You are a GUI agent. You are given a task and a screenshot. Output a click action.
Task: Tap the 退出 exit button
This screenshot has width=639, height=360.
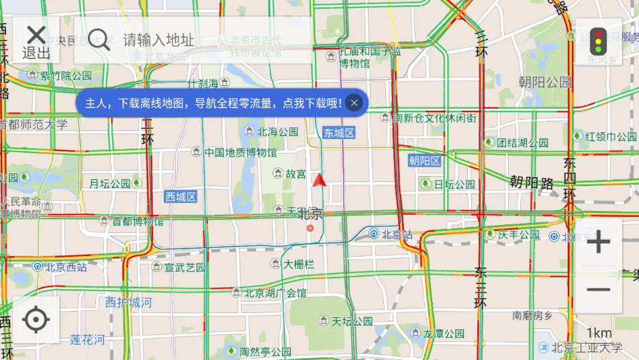(x=36, y=42)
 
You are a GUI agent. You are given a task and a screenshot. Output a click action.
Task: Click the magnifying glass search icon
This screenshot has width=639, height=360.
(x=99, y=39)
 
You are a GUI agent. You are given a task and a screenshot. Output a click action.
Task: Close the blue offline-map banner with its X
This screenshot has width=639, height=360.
(x=354, y=103)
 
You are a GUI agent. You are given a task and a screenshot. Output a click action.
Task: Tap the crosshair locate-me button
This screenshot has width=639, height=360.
(x=36, y=320)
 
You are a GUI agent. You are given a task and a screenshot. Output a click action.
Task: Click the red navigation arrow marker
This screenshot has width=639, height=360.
(x=319, y=179)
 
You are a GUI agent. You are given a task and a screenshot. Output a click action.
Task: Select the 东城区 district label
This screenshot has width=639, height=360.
(x=338, y=133)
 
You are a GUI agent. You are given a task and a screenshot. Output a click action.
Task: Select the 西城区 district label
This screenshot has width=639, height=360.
(x=181, y=196)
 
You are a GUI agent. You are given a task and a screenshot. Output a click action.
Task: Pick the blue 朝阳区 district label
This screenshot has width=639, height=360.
(x=424, y=161)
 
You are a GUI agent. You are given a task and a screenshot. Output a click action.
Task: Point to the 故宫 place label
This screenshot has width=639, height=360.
(x=295, y=174)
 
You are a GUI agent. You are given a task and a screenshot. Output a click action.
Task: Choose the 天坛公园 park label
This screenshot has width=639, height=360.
(x=352, y=320)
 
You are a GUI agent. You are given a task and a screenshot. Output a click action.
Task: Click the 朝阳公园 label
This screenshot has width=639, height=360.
(x=544, y=83)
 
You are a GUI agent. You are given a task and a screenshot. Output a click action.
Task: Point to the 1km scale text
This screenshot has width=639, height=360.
(x=599, y=333)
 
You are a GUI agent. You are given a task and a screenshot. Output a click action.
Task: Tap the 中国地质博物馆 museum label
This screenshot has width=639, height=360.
(x=240, y=152)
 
